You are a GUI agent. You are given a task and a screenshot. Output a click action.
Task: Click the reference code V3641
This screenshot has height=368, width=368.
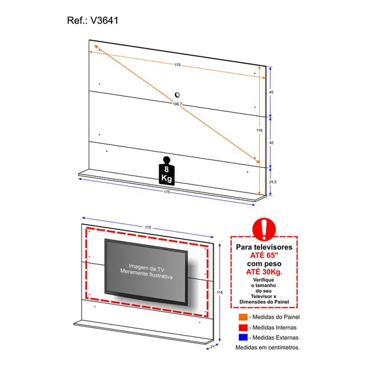pos(104,21)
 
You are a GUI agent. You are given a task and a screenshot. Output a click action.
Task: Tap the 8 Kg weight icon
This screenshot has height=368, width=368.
pos(167,171)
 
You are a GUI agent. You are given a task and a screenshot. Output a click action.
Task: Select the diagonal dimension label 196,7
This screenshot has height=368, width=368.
pos(178,104)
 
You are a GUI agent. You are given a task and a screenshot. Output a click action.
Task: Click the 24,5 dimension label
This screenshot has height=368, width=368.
pos(273,182)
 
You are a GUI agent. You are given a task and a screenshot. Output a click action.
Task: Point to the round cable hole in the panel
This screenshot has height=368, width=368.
pos(177,95)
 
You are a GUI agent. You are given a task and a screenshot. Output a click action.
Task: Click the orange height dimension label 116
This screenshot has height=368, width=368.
pos(259,130)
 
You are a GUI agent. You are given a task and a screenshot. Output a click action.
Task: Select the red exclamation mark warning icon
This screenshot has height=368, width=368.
pos(264,229)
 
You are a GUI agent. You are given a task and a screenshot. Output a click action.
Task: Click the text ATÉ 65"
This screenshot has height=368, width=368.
pos(264,255)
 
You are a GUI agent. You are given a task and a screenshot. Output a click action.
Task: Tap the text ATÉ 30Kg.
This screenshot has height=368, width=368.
pos(264,271)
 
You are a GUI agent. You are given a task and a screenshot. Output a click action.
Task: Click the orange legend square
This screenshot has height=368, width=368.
pos(243,317)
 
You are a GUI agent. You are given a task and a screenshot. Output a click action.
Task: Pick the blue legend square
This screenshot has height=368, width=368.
pos(243,338)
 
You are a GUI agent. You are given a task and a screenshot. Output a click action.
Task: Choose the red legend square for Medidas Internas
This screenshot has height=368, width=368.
pos(243,327)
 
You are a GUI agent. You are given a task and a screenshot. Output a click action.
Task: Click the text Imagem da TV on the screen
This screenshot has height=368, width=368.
pos(146,268)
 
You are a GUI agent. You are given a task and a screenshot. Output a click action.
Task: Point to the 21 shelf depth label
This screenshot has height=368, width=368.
pos(213,347)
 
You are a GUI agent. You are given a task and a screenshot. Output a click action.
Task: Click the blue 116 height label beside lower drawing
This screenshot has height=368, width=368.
pos(220,292)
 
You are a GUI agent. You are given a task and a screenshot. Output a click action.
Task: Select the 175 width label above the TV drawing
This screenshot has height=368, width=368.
pos(148,227)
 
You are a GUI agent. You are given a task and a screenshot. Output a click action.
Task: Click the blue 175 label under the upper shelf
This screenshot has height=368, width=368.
pos(167,192)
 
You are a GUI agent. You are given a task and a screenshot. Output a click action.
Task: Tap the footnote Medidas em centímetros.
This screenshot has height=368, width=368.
pos(268,347)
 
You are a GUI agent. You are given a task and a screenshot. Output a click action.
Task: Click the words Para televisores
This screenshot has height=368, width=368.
pos(264,247)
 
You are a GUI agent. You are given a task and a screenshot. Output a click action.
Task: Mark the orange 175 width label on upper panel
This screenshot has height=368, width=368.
pos(178,65)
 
